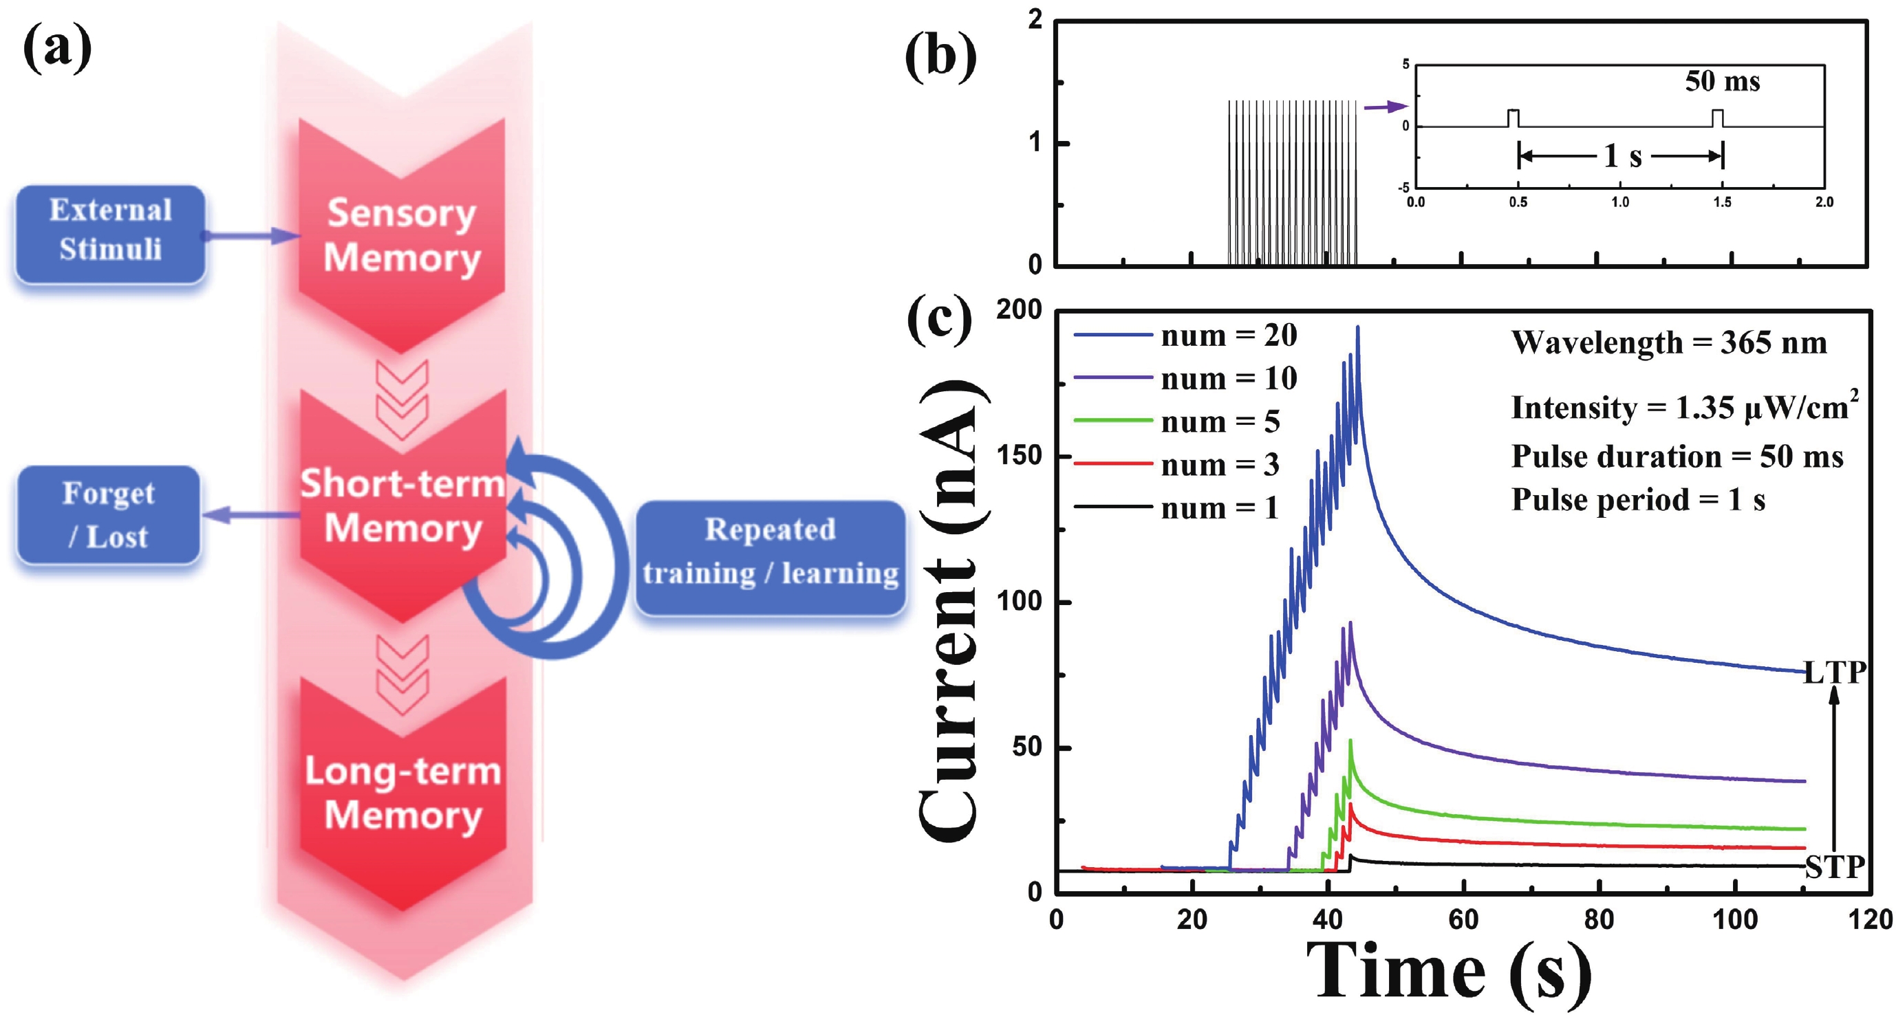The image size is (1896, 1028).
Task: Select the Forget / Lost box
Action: tap(109, 514)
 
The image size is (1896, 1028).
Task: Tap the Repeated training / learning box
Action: tap(770, 557)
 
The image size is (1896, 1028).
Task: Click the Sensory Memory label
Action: tap(402, 235)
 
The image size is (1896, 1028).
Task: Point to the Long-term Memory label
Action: tap(403, 793)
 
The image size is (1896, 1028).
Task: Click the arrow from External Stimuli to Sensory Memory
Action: tap(250, 235)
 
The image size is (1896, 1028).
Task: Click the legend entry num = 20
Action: tap(1229, 336)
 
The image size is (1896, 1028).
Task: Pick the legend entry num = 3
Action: tap(1220, 465)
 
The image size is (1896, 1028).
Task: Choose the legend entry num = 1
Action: tap(1220, 508)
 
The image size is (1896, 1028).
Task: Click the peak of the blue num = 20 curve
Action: tap(1357, 328)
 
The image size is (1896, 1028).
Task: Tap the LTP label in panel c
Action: tap(1834, 672)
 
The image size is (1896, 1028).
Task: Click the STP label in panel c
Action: tap(1834, 868)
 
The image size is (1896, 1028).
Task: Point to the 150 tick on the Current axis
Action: tap(1019, 455)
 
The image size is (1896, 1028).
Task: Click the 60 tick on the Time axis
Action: tap(1463, 920)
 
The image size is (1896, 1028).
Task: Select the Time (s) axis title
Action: tap(1449, 973)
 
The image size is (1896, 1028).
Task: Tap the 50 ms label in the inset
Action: tap(1723, 81)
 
